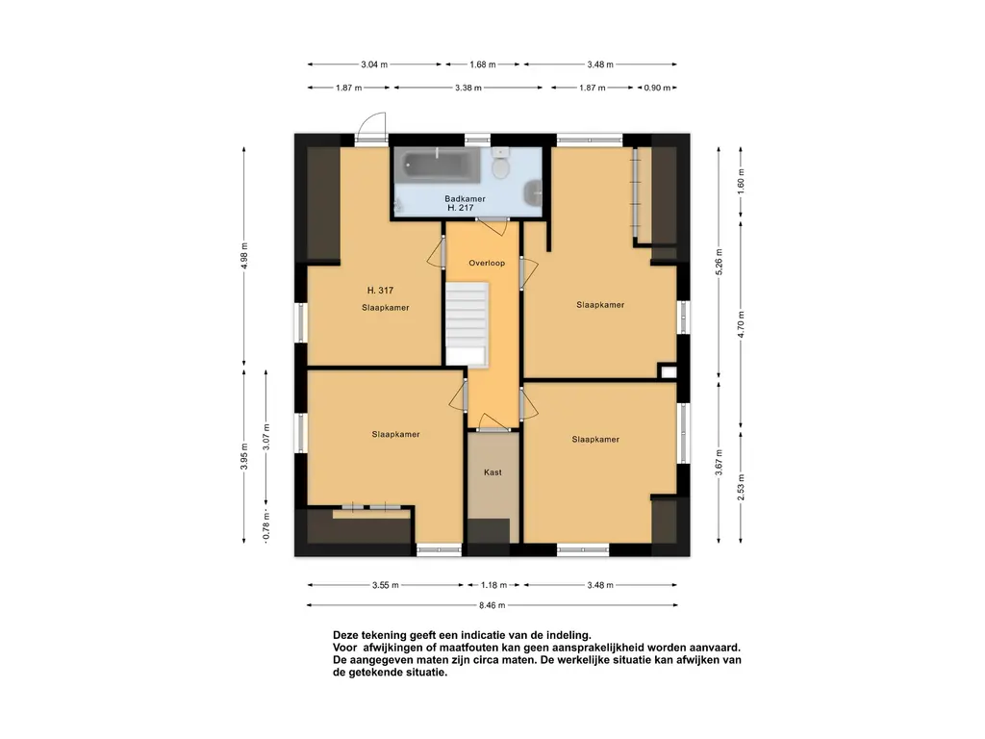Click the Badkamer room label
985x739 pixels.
(x=465, y=198)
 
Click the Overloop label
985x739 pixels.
(x=487, y=263)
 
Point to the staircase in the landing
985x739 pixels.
(x=467, y=323)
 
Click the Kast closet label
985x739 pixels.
(x=492, y=471)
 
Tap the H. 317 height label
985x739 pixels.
(x=380, y=291)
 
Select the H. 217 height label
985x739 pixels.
(x=461, y=208)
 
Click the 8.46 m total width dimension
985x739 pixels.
(x=492, y=605)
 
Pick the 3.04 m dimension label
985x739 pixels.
(x=374, y=64)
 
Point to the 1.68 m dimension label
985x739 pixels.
(x=483, y=64)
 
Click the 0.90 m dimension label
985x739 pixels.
(x=657, y=88)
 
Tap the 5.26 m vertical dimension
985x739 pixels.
(x=720, y=262)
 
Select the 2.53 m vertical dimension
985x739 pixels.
(x=742, y=488)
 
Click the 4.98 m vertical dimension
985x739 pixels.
(x=244, y=255)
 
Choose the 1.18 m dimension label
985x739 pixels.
(x=493, y=585)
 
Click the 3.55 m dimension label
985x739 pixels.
(x=385, y=585)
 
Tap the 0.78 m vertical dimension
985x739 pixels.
(x=266, y=526)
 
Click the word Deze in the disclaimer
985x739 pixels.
(x=345, y=635)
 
